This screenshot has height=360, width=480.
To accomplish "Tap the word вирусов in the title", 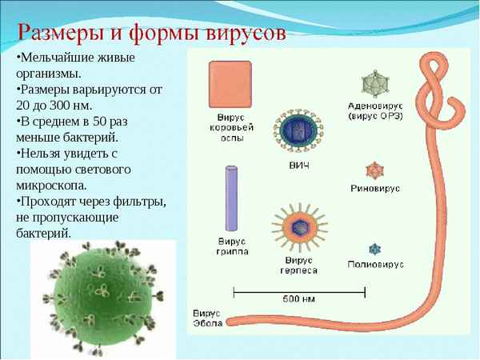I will (240, 33).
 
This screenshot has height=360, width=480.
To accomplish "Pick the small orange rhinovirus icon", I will (374, 169).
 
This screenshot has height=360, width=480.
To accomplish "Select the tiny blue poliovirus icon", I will (374, 249).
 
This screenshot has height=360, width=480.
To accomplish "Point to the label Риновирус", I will (375, 189).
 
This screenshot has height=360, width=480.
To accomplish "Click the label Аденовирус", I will (375, 106).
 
